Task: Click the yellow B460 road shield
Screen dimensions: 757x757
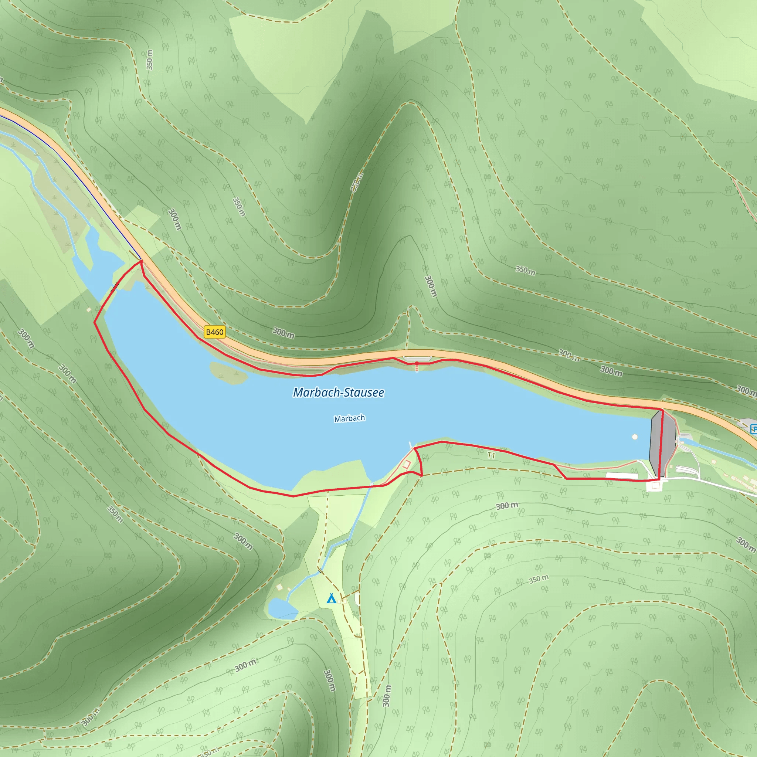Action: [x=215, y=332]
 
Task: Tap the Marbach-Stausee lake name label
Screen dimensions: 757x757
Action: [x=339, y=393]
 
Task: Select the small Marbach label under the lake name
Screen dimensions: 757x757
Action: [x=350, y=418]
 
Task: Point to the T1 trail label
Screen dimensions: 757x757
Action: [x=491, y=455]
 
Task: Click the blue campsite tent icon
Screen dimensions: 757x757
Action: [x=332, y=598]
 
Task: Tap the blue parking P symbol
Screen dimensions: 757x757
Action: [x=753, y=429]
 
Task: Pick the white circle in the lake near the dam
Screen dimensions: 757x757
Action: [x=635, y=437]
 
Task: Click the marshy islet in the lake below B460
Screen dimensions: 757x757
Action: [x=228, y=372]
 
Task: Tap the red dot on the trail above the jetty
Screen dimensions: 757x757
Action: [x=417, y=364]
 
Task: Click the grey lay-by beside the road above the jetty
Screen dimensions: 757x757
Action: [x=417, y=359]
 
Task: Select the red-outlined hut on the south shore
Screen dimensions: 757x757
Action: [x=406, y=465]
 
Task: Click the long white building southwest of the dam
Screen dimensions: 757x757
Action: [x=622, y=476]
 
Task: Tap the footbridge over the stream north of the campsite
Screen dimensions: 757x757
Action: [x=321, y=570]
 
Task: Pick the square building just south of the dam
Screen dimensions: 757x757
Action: [x=655, y=486]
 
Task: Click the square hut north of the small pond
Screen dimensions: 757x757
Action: [x=279, y=587]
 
